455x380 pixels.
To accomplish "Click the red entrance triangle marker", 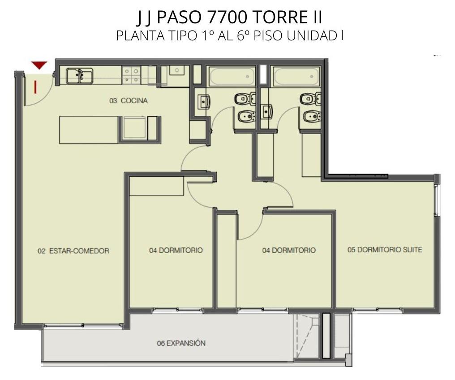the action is pos(39,65).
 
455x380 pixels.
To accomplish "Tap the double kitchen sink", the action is pos(79,76).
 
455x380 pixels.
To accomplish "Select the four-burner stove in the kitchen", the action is pos(132,75).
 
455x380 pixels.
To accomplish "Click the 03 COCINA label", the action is pos(128,100).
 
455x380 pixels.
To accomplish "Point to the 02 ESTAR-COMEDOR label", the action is pos(73,251).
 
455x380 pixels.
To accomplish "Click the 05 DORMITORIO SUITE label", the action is pos(385,249).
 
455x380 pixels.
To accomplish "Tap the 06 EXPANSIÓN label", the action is pos(181,343).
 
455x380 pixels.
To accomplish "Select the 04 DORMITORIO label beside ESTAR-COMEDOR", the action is pos(176,250).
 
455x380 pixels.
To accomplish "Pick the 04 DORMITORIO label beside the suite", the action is pos(289,250).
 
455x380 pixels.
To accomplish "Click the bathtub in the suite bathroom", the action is pos(296,76).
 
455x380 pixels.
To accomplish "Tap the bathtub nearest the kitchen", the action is pos(232,76).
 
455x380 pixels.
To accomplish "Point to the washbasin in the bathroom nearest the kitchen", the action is pos(204,101).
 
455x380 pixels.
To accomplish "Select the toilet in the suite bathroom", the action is pos(309,99).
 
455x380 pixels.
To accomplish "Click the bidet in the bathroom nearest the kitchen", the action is pos(246,117).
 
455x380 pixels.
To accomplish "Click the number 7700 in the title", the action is pos(223,17).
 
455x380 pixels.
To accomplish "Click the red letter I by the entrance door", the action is pos(35,87).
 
